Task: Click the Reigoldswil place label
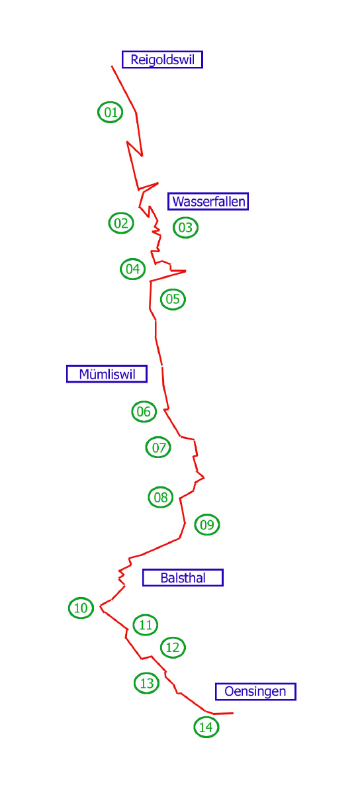tap(162, 60)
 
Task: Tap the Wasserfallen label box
tap(208, 201)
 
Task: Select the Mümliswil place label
tap(107, 374)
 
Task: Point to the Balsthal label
tap(183, 577)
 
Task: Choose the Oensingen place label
tap(255, 692)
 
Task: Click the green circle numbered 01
tap(111, 113)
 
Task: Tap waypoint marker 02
tap(121, 223)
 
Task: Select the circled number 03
tap(186, 227)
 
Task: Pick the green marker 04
tap(133, 269)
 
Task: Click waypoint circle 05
tap(173, 299)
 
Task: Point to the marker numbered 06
tap(144, 412)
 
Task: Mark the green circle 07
tap(158, 447)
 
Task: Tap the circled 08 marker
tap(161, 497)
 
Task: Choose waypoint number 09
tap(207, 524)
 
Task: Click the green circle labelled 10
tap(81, 608)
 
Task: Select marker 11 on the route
tap(146, 625)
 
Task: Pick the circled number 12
tap(173, 647)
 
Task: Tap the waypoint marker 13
tap(146, 683)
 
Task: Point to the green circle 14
tap(206, 727)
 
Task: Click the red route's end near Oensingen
tap(233, 713)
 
